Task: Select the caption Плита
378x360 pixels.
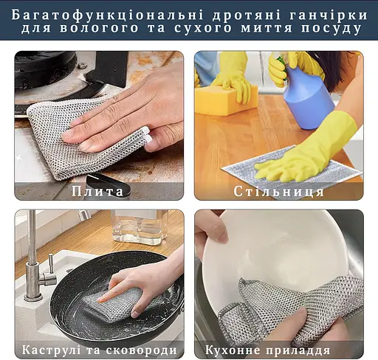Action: coord(98,191)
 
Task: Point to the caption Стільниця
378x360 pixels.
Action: coord(278,191)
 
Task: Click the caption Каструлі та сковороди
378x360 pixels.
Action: coord(99,349)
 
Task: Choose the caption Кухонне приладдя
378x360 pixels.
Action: coord(278,349)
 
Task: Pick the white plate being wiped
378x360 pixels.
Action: coord(288,255)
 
